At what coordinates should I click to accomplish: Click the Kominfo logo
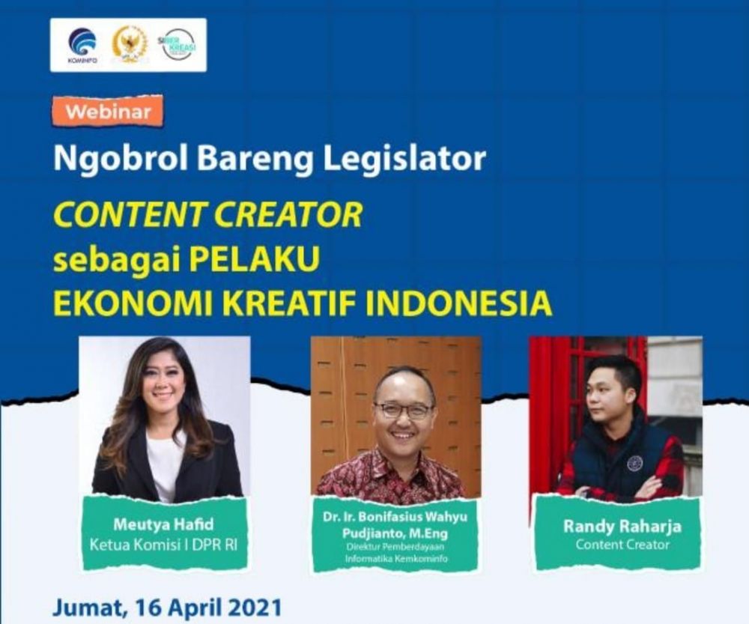point(82,44)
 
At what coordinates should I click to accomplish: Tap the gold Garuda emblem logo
point(129,43)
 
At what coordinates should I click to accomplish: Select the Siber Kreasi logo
point(178,44)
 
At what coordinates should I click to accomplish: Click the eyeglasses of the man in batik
point(404,409)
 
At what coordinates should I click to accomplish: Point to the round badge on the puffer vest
point(634,462)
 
